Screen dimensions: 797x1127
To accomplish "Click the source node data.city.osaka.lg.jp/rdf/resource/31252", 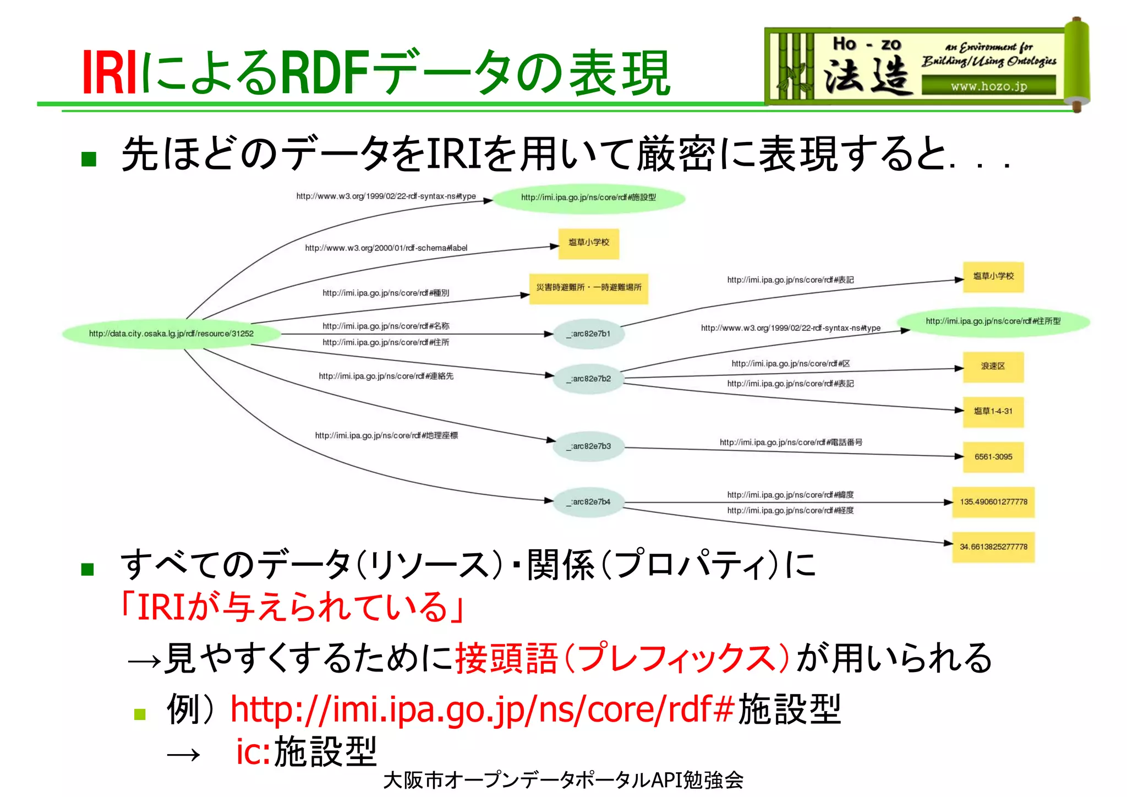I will tap(171, 334).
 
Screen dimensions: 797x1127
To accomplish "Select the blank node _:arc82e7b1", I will tap(589, 334).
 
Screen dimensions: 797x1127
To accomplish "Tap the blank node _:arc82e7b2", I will tap(589, 379).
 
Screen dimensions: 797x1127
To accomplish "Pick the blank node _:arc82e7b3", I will tap(589, 446).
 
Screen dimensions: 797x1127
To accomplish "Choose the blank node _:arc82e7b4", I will tap(589, 501).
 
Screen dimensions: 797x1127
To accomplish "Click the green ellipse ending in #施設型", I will tap(588, 198).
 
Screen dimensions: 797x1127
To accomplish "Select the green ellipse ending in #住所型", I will tap(993, 321).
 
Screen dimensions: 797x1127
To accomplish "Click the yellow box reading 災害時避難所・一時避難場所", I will tap(588, 288).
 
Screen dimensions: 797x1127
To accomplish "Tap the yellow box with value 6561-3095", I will tap(993, 456).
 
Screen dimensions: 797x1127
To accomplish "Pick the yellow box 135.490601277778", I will tap(993, 501).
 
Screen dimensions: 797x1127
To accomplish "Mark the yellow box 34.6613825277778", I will tap(993, 547).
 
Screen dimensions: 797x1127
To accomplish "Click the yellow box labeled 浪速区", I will tap(993, 367).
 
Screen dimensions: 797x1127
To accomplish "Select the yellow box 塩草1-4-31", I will tap(993, 411).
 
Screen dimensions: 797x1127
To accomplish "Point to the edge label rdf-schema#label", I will tap(386, 248).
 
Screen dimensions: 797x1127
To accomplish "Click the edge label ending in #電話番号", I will tap(790, 442).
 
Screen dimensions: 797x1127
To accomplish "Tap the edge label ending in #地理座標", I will tap(386, 435).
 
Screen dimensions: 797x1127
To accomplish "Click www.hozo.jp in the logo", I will tap(988, 86).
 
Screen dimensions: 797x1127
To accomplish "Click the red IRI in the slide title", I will tap(109, 73).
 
